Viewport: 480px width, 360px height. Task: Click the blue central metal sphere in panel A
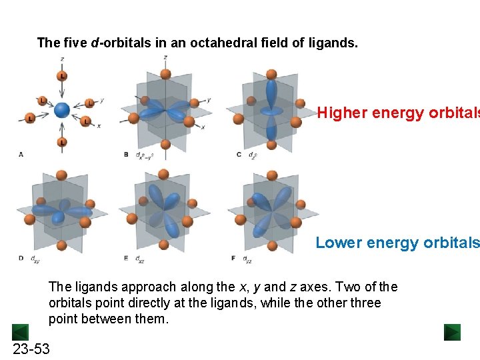tap(61, 110)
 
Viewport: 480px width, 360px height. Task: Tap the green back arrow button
tap(20, 331)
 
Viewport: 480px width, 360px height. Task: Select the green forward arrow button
tap(452, 331)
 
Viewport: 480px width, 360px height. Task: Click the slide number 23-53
tap(31, 349)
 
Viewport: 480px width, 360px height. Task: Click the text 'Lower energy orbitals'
tap(397, 243)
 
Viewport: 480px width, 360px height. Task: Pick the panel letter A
tap(21, 154)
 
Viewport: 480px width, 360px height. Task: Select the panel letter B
tap(126, 154)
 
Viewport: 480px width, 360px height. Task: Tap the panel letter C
tap(239, 154)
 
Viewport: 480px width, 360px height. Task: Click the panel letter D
tap(21, 257)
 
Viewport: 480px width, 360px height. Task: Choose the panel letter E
tap(126, 257)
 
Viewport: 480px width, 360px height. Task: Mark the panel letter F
tap(233, 257)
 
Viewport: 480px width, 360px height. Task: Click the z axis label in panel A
tap(62, 59)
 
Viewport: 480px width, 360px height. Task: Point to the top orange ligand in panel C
tap(271, 75)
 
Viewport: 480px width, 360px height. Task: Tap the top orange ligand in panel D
tap(61, 176)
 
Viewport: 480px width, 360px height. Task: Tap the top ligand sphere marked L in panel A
tap(62, 76)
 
